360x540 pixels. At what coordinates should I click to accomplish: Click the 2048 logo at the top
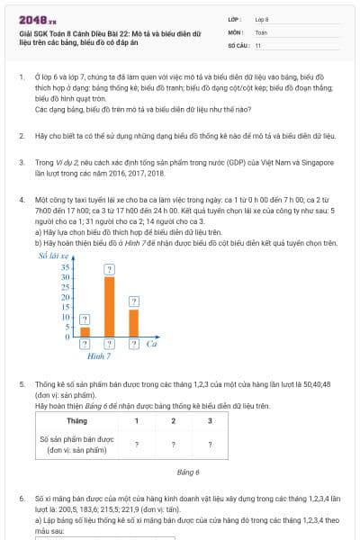(x=35, y=19)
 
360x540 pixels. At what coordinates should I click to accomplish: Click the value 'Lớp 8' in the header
(x=262, y=19)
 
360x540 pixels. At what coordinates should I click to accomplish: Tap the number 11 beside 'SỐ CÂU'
(x=258, y=44)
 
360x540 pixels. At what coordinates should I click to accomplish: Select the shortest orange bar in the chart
(x=85, y=331)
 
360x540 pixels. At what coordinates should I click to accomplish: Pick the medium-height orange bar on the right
(x=133, y=322)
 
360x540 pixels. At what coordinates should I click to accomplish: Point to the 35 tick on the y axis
(x=65, y=267)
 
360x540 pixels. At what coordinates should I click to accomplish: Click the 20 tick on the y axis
(x=65, y=297)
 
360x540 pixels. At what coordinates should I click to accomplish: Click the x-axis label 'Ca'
(x=153, y=344)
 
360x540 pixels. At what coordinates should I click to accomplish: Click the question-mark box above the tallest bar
(x=109, y=269)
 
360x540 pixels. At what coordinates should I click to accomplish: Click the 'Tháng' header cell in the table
(x=76, y=420)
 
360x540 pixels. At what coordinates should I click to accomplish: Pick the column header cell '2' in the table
(x=173, y=420)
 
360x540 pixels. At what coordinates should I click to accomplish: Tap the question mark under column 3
(x=209, y=444)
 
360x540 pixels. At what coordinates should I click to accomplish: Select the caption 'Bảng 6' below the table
(x=188, y=471)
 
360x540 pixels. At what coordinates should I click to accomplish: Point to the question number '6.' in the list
(x=21, y=497)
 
